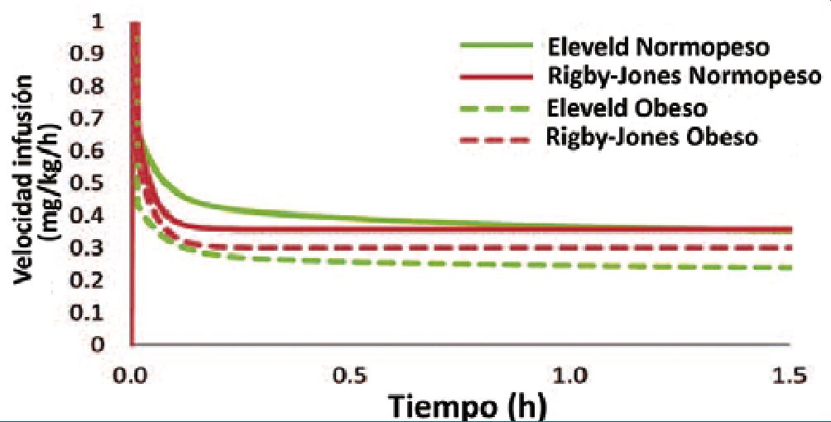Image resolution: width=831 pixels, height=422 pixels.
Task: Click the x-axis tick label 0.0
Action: pyautogui.click(x=132, y=377)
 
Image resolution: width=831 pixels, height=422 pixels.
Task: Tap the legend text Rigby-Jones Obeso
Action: pyautogui.click(x=652, y=137)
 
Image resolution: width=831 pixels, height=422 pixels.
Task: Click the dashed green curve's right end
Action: pyautogui.click(x=791, y=267)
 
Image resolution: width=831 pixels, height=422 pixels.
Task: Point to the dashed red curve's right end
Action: pyautogui.click(x=791, y=247)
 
